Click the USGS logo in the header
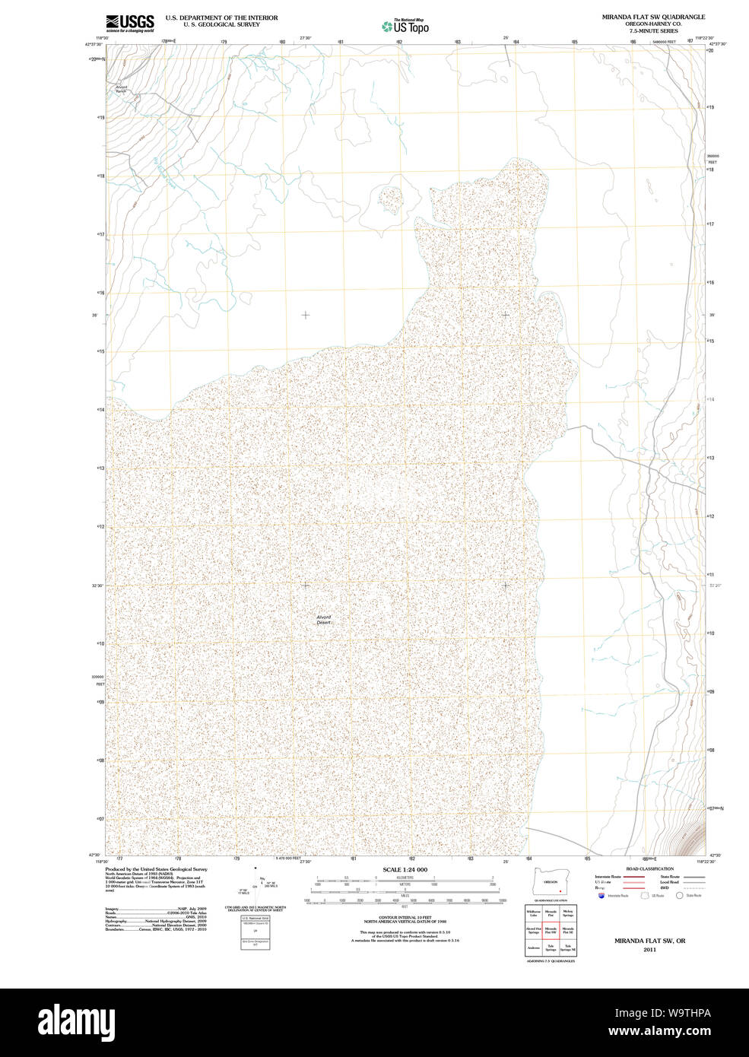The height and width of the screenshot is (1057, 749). click(130, 23)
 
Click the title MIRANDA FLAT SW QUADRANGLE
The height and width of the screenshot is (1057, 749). click(653, 17)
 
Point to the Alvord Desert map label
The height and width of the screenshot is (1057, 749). click(325, 620)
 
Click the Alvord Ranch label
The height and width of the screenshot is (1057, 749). click(122, 88)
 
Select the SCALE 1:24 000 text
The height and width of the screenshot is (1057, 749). click(405, 869)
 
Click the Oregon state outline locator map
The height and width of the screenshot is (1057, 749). click(550, 882)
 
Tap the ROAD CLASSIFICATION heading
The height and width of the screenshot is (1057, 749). click(649, 868)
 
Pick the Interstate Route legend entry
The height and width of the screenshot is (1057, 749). click(608, 877)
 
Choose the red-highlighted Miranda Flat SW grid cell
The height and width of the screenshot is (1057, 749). click(551, 929)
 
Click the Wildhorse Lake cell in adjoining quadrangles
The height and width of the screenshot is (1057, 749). click(533, 913)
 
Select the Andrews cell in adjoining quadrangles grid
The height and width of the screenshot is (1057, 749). click(533, 947)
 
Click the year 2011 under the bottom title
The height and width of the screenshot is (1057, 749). click(649, 949)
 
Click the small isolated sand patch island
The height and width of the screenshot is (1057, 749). click(392, 200)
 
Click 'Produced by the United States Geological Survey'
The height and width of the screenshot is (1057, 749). click(156, 868)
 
